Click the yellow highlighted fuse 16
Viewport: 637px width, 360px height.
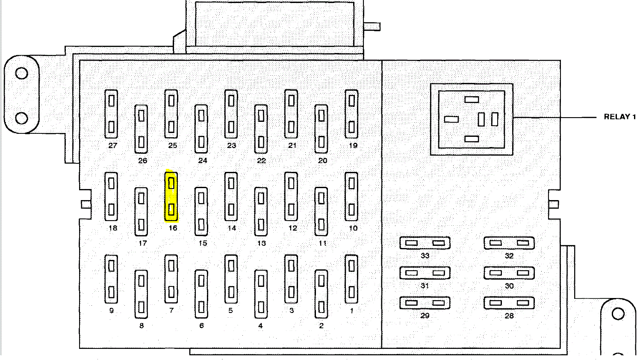(x=171, y=197)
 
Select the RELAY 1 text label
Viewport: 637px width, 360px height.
(x=619, y=117)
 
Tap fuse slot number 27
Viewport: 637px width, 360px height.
(x=111, y=114)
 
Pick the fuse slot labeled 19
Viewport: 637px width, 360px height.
(x=351, y=114)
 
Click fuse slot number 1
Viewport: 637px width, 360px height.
(x=351, y=279)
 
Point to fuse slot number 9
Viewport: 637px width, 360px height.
(x=111, y=279)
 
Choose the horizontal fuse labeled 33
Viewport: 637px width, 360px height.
(x=425, y=243)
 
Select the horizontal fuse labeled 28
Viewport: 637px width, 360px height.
(x=509, y=303)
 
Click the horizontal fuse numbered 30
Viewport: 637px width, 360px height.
(x=509, y=273)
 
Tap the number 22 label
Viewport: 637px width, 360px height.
(x=261, y=161)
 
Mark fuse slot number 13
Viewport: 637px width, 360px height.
(x=261, y=212)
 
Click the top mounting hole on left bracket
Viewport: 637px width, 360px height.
(x=22, y=74)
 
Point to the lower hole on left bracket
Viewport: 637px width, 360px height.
(x=22, y=118)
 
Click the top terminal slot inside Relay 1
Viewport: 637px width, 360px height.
(x=472, y=100)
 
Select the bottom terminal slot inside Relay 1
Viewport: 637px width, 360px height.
(x=472, y=139)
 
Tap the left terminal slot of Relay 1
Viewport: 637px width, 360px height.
(x=451, y=119)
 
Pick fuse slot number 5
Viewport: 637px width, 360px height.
(x=231, y=279)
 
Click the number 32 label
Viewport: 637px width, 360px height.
(x=509, y=256)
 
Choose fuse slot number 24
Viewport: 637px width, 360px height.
(x=201, y=129)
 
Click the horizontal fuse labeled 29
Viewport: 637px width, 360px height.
(x=425, y=303)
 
